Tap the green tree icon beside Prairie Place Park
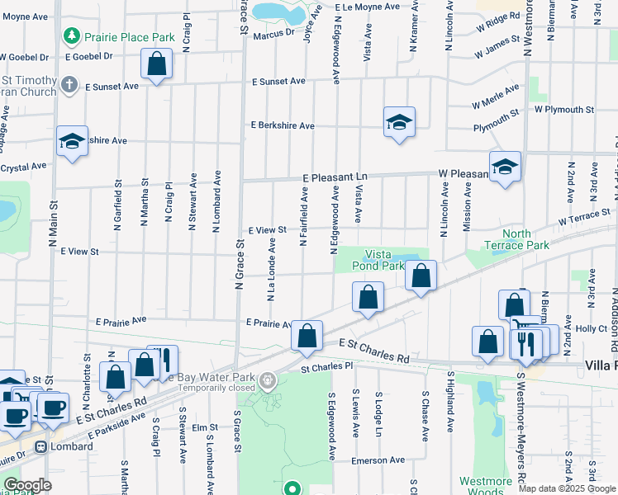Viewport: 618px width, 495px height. coord(72,36)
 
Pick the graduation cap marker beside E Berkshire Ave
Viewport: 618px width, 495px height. coord(399,122)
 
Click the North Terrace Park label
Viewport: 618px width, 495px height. coord(516,239)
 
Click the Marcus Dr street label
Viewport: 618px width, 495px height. coord(274,34)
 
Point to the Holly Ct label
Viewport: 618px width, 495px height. coord(592,328)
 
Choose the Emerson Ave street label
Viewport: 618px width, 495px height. coord(378,460)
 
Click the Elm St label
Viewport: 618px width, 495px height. coord(203,427)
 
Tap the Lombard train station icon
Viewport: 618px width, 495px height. coord(40,446)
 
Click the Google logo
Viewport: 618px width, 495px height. coord(27,485)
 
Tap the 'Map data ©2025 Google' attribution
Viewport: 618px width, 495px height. coord(567,488)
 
